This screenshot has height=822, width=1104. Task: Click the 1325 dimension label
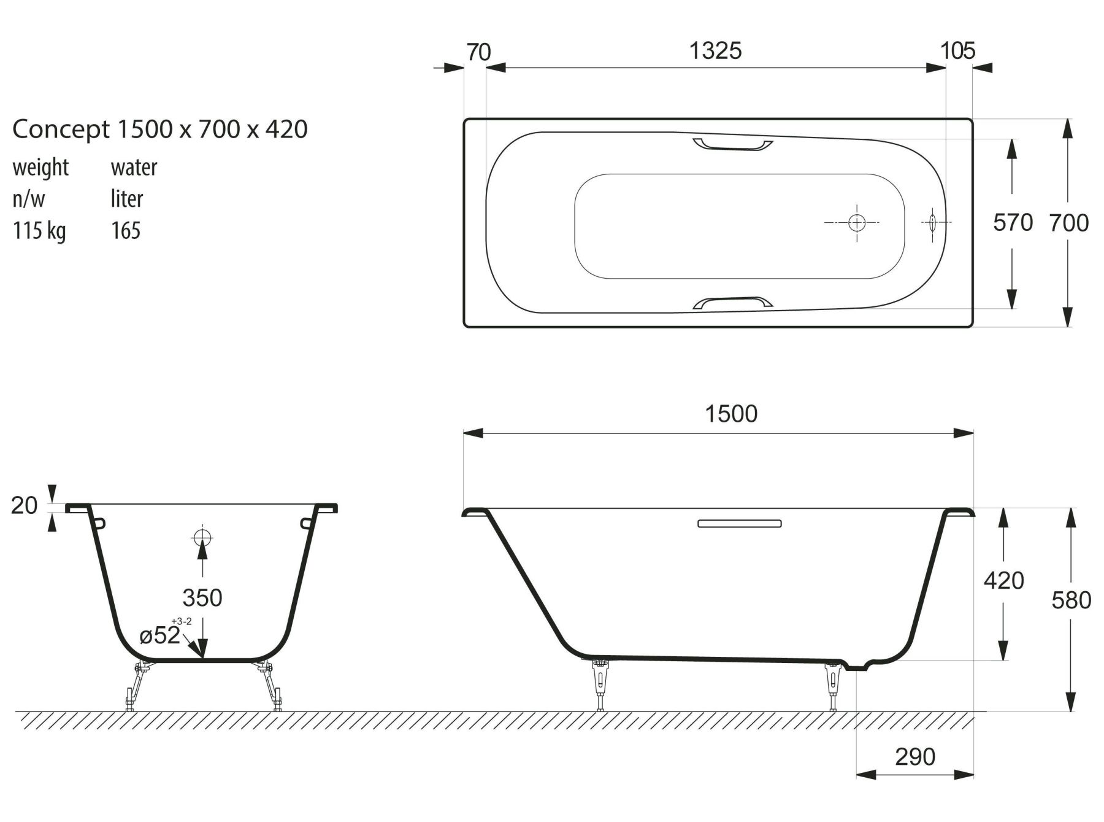[x=715, y=50]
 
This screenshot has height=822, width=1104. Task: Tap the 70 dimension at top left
[x=478, y=52]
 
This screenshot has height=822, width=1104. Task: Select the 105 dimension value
[x=957, y=50]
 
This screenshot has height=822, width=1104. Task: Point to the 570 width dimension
[x=1013, y=222]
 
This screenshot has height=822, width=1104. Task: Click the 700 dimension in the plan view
[x=1068, y=222]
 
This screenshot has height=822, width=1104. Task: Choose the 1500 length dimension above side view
[x=731, y=414]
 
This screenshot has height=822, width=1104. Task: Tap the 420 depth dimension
[x=1003, y=580]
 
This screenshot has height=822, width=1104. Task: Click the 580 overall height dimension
[x=1071, y=600]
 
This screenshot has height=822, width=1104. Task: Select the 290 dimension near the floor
[x=915, y=756]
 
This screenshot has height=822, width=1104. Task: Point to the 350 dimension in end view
[x=202, y=597]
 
